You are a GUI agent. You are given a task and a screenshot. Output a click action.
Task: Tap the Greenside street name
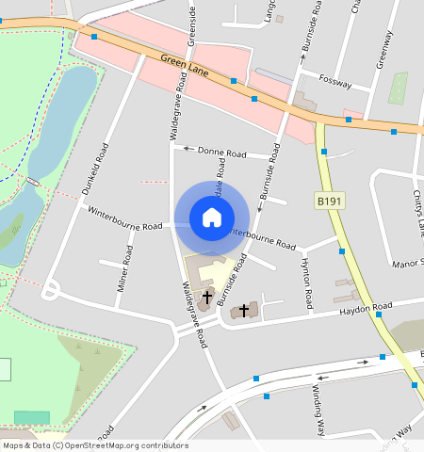click(x=191, y=24)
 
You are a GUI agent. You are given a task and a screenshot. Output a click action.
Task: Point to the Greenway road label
click(x=384, y=47)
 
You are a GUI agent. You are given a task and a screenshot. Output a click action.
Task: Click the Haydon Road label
click(x=365, y=308)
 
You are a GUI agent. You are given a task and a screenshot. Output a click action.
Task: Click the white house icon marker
click(x=212, y=218)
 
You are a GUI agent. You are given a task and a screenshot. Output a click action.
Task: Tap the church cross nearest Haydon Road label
click(x=244, y=310)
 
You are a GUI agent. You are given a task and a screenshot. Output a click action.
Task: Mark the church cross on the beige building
click(x=207, y=296)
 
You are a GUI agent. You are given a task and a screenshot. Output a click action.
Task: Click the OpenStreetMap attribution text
click(x=94, y=445)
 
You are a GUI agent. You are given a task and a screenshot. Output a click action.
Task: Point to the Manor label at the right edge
click(x=407, y=264)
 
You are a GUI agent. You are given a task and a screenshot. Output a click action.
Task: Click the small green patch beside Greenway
click(x=398, y=88)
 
